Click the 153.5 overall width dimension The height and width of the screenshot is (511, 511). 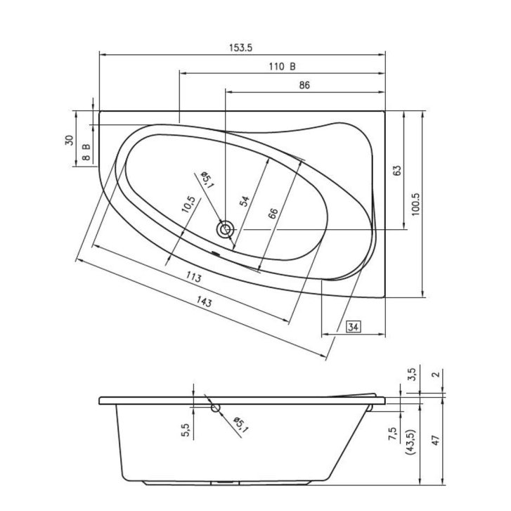click(x=241, y=48)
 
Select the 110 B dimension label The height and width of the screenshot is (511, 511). click(x=283, y=67)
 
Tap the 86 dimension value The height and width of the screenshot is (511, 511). click(x=304, y=85)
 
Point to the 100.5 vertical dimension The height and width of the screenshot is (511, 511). click(x=416, y=205)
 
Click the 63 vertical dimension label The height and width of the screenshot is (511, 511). click(x=397, y=171)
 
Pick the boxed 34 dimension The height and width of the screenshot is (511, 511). click(x=354, y=327)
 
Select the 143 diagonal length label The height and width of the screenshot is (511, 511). click(x=204, y=302)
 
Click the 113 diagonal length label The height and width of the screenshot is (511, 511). click(x=194, y=278)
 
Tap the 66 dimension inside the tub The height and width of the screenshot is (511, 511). click(x=273, y=213)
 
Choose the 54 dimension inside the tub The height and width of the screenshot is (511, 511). click(x=245, y=201)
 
